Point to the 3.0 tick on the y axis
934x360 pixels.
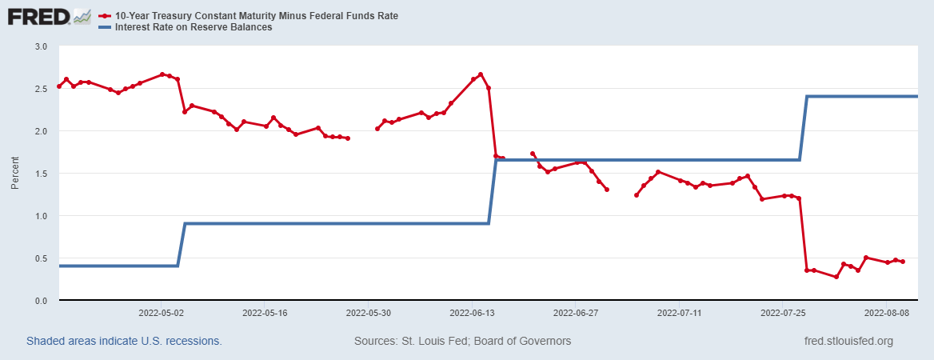pos(42,46)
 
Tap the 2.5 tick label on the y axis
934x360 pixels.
pos(42,89)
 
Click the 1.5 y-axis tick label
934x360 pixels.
pos(42,174)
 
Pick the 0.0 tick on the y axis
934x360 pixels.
pos(42,301)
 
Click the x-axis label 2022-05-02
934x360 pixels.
pos(162,314)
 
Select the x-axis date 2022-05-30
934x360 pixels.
pos(369,314)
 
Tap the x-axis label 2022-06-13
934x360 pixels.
pos(472,314)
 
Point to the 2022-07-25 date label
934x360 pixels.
pos(783,314)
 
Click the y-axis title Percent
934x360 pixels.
pos(15,174)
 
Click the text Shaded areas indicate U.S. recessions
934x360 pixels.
pos(124,342)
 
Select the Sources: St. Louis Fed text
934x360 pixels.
pos(462,342)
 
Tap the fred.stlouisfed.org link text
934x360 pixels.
pos(848,342)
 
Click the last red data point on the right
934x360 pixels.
pos(903,262)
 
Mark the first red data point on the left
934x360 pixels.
pos(59,86)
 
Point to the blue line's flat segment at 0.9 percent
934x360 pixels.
pos(336,224)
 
